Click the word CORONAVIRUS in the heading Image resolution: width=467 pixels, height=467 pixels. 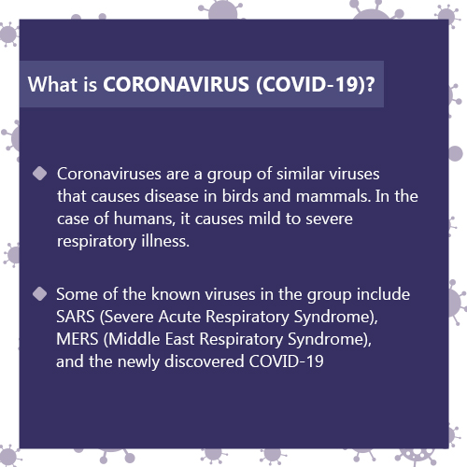pos(176,84)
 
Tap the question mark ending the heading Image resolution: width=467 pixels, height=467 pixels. pos(370,84)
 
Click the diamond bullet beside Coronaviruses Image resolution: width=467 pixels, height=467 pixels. pos(40,173)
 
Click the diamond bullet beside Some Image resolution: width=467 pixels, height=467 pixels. pos(40,294)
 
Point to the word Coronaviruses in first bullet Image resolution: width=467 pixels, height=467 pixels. pos(109,174)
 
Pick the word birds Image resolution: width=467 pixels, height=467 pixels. pos(240,196)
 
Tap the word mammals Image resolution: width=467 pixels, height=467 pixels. pos(333,196)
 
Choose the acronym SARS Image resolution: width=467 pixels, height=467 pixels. pos(76,317)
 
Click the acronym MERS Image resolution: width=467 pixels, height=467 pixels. pos(78,339)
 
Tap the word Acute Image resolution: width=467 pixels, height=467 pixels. pos(179,317)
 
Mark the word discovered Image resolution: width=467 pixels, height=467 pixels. pos(205,361)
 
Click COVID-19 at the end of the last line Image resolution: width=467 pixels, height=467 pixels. pos(287,361)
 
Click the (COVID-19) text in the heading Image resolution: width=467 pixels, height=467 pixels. pos(310,84)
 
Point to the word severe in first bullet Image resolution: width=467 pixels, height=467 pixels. pos(329,219)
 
